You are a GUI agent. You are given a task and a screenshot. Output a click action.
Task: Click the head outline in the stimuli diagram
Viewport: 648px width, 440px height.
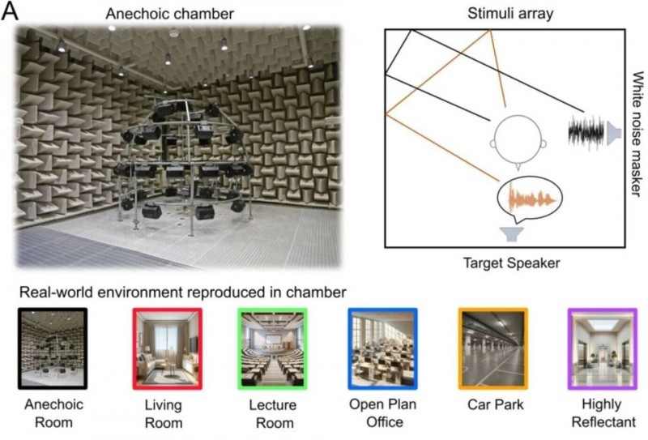518,140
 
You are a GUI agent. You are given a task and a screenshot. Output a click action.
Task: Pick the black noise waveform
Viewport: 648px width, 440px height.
586,130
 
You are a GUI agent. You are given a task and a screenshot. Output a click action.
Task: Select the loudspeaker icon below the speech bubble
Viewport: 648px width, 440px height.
510,234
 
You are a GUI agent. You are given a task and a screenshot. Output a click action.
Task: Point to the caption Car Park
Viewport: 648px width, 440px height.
492,404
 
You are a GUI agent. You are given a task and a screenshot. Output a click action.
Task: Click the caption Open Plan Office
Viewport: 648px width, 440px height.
382,412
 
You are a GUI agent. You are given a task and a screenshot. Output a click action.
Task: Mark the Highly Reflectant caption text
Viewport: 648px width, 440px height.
602,412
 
